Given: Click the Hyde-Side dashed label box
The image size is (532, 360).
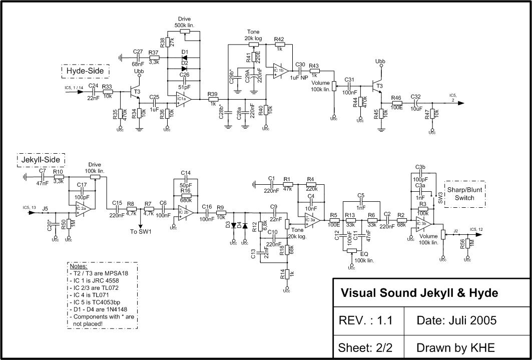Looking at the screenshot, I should click(86, 72).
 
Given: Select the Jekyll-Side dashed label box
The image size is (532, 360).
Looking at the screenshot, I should click(42, 160).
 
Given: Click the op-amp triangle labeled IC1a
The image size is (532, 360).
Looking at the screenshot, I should click(182, 99).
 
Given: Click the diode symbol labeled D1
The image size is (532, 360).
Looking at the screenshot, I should click(185, 58).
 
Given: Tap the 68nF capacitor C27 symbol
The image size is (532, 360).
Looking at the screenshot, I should click(138, 58).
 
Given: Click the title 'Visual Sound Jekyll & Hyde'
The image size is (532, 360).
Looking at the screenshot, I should click(419, 293).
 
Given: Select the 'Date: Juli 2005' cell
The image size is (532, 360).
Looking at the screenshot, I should click(456, 320).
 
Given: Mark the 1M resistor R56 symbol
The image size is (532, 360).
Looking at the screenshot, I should click(467, 243).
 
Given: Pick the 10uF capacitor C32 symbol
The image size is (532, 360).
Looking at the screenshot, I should click(415, 104).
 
